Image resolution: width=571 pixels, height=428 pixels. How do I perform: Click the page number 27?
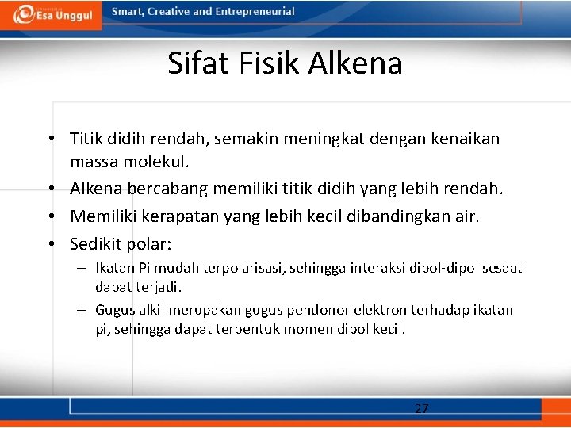click(x=422, y=409)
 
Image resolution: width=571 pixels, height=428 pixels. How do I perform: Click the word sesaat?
click(x=501, y=268)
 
